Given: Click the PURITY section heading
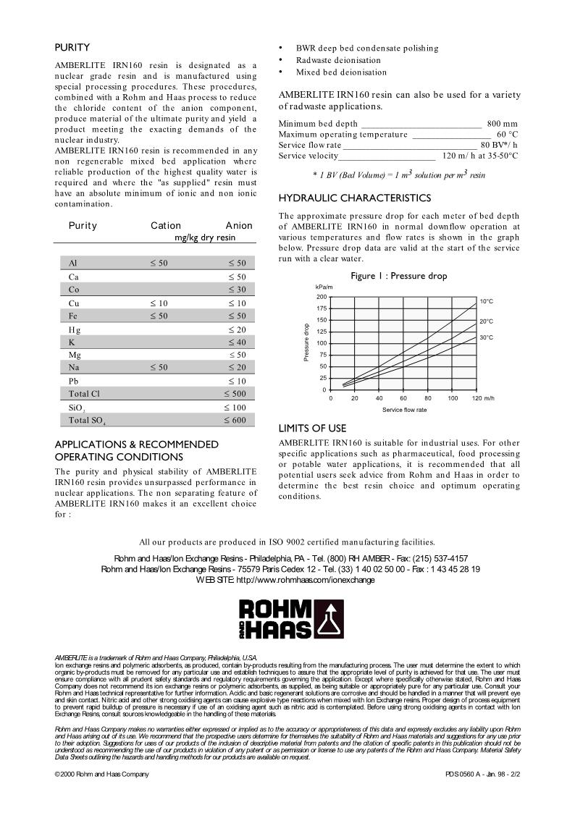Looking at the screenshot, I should [72, 48].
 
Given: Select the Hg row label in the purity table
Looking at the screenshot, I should [74, 329].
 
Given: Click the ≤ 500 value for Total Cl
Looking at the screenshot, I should [235, 394].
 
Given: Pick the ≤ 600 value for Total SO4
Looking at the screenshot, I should [235, 420].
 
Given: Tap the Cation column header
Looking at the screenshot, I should [166, 226].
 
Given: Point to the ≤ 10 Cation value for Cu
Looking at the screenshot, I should [159, 303].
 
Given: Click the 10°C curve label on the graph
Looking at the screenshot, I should [486, 300].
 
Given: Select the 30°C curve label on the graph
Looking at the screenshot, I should [486, 337].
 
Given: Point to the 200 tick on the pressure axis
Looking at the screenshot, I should [322, 297].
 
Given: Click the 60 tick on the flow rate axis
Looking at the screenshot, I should [403, 398].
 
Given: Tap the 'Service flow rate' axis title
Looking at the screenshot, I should [404, 410].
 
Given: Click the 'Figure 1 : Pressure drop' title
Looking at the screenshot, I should [399, 276].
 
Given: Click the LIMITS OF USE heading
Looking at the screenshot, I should [312, 429].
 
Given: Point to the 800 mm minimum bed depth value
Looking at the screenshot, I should [502, 124].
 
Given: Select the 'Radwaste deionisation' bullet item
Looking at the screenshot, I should [337, 60].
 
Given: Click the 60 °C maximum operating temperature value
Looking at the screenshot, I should [507, 135].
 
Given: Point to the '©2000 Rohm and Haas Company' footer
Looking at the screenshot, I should [102, 774].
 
